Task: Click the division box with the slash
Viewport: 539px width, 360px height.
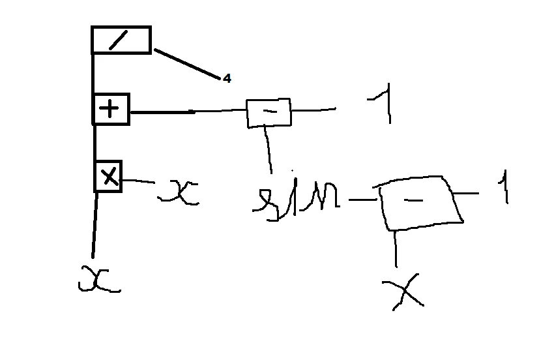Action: (x=121, y=40)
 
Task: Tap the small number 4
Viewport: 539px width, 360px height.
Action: (x=226, y=78)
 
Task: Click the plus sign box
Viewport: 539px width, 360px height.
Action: (x=111, y=109)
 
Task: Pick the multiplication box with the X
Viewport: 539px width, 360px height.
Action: (x=108, y=176)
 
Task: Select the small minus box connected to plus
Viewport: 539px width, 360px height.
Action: (x=269, y=113)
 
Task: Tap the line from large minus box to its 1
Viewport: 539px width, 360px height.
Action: (x=467, y=193)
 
